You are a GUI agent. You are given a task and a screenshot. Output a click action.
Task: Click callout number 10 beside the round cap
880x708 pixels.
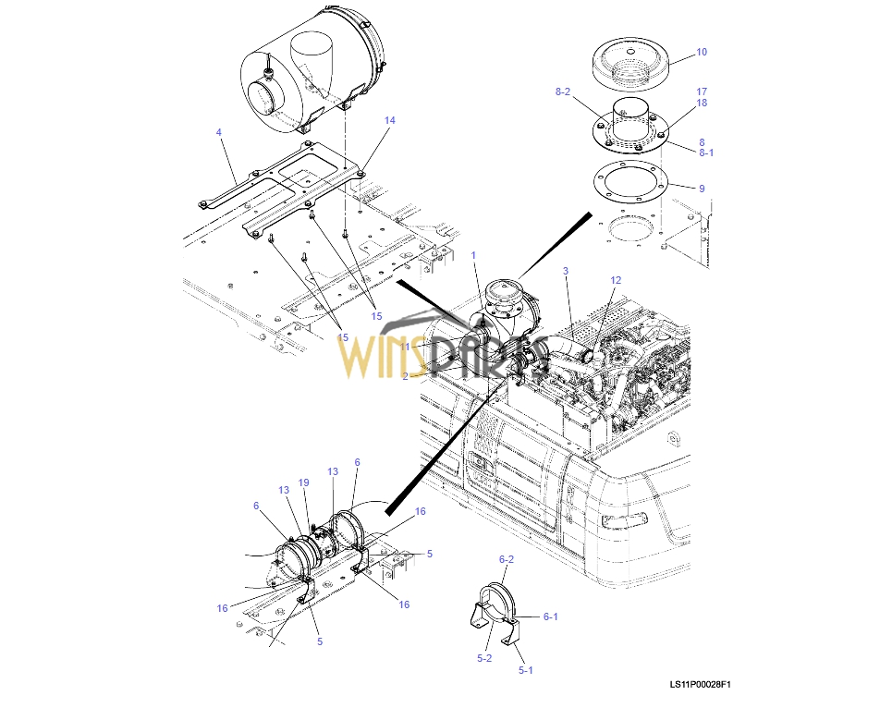tap(702, 53)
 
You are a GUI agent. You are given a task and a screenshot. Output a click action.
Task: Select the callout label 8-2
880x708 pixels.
tap(563, 92)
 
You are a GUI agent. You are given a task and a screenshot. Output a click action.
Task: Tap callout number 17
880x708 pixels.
tap(702, 92)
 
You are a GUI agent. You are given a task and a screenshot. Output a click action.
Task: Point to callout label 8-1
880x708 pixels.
tap(706, 153)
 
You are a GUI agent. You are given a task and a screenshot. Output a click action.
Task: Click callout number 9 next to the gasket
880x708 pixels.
tap(702, 189)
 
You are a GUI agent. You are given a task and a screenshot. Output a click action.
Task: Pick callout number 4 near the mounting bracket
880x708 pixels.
tap(219, 133)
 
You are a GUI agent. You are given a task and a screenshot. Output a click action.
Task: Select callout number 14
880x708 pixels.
tap(389, 121)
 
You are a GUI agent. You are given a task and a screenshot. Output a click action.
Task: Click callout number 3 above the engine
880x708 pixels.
tap(566, 271)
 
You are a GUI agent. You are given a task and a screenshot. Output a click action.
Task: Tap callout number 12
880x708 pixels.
tap(616, 280)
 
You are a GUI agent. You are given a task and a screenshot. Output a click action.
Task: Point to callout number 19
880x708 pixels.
tap(303, 483)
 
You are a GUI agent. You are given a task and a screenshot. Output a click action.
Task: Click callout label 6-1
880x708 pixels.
tap(550, 616)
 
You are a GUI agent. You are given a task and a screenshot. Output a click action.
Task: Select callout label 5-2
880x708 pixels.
tap(484, 658)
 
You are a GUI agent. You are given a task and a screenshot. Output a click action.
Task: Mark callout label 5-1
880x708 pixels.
tap(525, 670)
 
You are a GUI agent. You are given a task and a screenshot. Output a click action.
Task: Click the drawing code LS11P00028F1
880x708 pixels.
tap(701, 685)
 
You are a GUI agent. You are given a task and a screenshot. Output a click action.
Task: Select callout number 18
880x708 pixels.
tap(702, 104)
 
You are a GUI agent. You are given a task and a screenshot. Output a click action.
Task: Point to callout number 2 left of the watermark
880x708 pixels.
tap(405, 376)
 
